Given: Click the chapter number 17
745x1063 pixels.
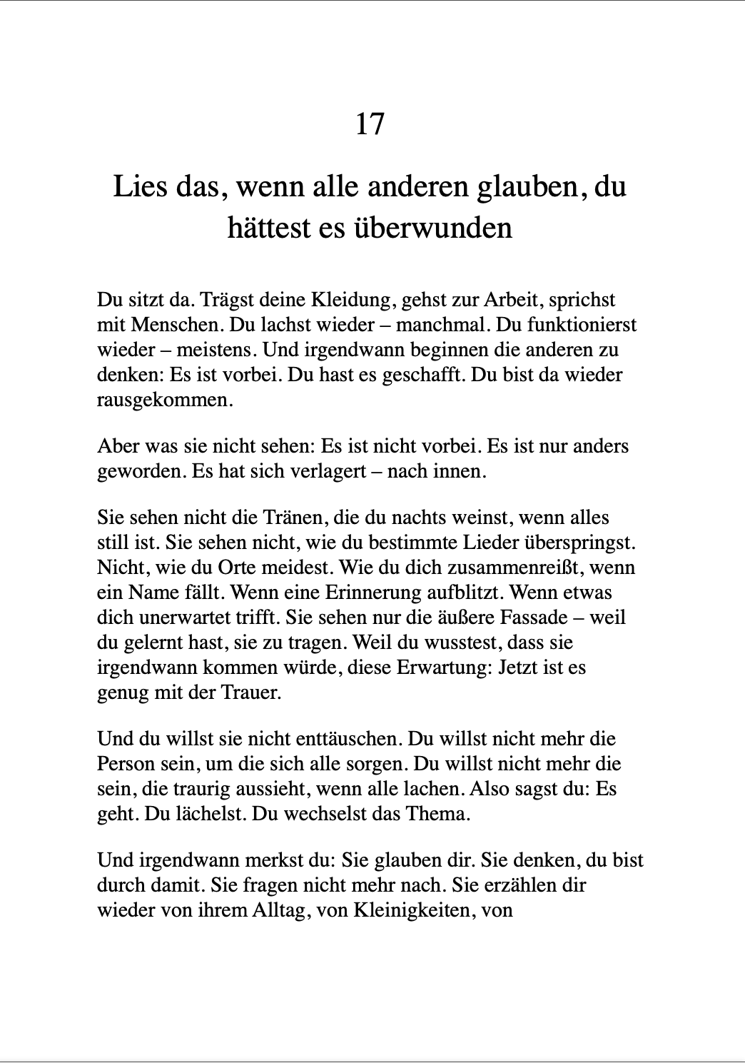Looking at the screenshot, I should click(x=370, y=124).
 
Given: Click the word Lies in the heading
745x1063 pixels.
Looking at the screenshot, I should click(x=140, y=187).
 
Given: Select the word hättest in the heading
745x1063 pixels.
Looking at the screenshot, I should click(x=269, y=228).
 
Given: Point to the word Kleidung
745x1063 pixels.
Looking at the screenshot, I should click(x=348, y=301).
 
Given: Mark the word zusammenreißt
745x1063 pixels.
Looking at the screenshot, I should click(x=512, y=568).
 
